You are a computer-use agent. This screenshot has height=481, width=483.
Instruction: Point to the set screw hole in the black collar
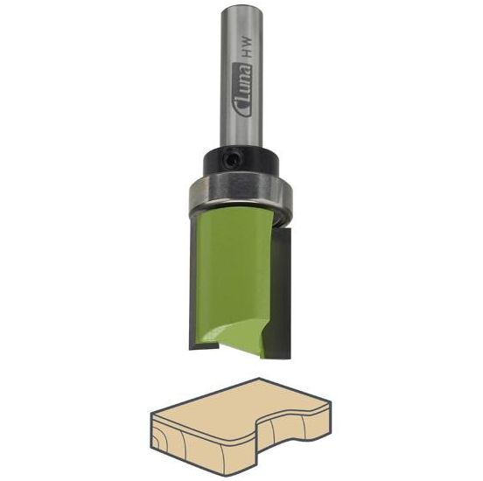click(x=231, y=157)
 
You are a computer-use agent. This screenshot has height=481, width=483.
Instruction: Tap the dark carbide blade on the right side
click(x=285, y=289)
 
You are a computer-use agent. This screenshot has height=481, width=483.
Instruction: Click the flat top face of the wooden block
click(x=245, y=404)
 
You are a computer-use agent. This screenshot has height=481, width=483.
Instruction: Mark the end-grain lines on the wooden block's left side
click(x=171, y=437)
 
